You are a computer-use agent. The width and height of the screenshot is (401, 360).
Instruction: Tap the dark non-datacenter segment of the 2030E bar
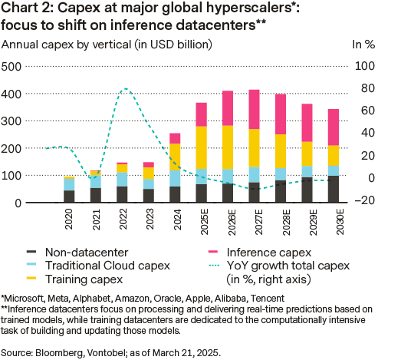333,189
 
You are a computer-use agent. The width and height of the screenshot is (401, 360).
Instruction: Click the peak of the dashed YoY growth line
125,89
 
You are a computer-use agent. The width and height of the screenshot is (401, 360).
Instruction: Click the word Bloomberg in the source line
61,352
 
